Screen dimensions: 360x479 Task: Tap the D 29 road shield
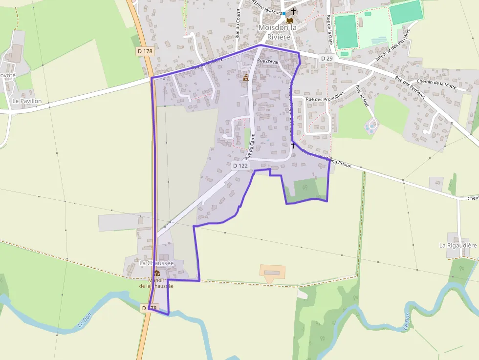click(x=327, y=58)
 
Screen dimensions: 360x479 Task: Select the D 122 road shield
click(x=240, y=166)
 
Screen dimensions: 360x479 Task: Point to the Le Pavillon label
click(x=27, y=101)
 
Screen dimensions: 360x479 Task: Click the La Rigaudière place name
click(x=458, y=245)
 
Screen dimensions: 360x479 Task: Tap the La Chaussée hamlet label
click(x=156, y=263)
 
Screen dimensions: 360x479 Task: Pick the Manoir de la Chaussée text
click(x=156, y=283)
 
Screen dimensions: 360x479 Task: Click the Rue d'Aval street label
click(x=267, y=61)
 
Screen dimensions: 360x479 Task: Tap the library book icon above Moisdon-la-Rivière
click(x=289, y=21)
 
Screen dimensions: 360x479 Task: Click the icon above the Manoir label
click(x=156, y=274)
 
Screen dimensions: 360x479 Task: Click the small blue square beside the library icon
click(x=284, y=14)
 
